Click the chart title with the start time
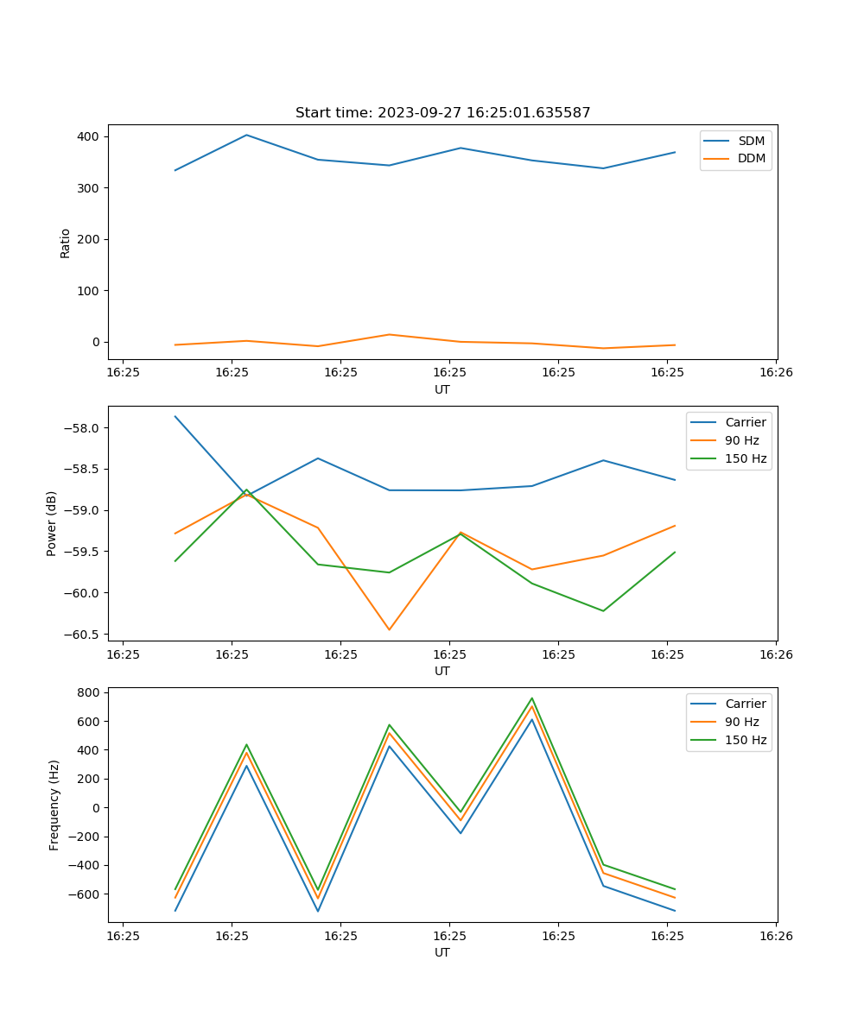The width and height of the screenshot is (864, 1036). tap(442, 113)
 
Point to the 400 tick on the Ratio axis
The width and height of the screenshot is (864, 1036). tap(89, 136)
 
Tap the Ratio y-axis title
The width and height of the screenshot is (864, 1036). tap(66, 243)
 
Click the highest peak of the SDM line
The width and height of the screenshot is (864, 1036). tap(246, 135)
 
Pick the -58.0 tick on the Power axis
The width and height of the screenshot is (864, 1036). tap(85, 428)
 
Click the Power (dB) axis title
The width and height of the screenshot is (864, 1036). tap(52, 523)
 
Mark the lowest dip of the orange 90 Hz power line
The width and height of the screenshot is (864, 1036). tap(389, 629)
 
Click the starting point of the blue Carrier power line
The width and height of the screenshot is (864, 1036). tap(175, 416)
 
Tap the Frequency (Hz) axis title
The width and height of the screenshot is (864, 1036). tap(54, 805)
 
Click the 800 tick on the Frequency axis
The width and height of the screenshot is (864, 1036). tap(89, 692)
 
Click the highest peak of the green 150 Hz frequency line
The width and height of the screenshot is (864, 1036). tap(532, 698)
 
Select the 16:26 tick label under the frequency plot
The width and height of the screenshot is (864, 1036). tap(776, 935)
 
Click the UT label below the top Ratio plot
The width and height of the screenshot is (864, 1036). tap(442, 389)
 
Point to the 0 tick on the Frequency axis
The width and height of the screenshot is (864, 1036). tap(97, 808)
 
